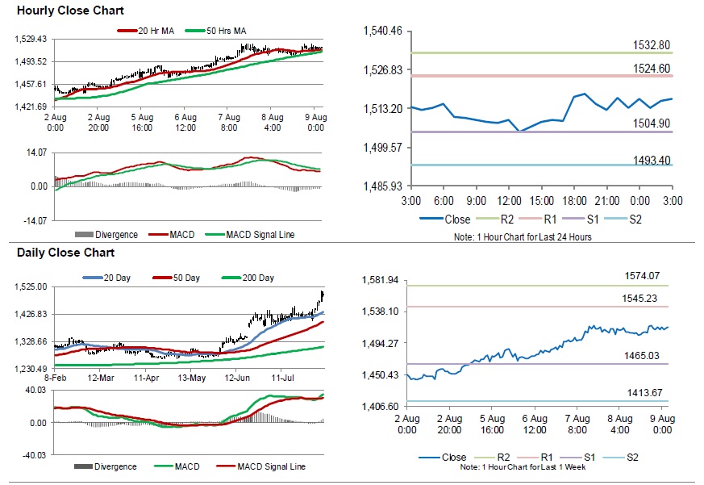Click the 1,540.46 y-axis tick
(383, 31)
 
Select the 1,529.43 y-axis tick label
(33, 40)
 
